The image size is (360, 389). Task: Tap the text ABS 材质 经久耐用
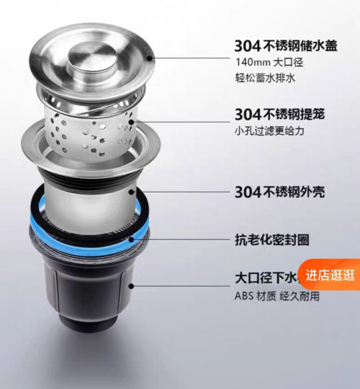click(x=276, y=296)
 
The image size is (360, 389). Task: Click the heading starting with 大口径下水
click(x=266, y=278)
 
